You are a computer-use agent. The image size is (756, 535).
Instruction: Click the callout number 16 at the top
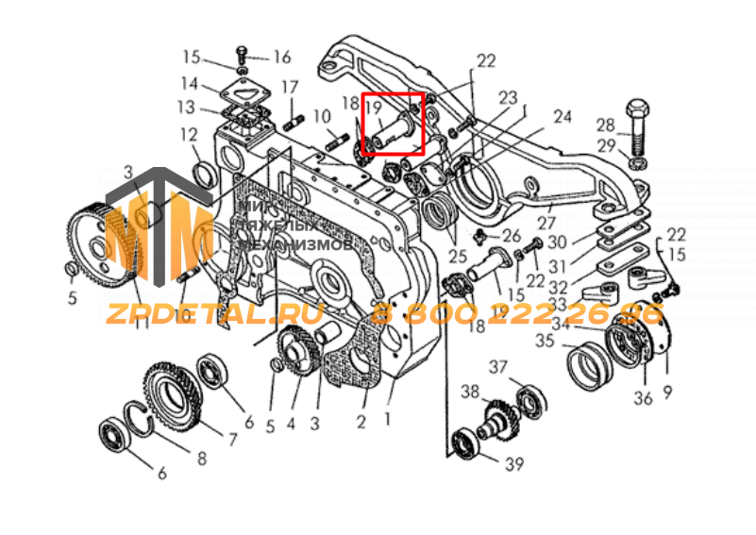(282, 57)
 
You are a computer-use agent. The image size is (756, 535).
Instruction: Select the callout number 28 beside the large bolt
(604, 124)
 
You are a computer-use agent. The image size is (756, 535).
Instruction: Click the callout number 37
(497, 366)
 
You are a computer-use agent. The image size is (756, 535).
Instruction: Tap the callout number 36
(643, 397)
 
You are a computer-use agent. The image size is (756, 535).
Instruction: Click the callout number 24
(563, 117)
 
